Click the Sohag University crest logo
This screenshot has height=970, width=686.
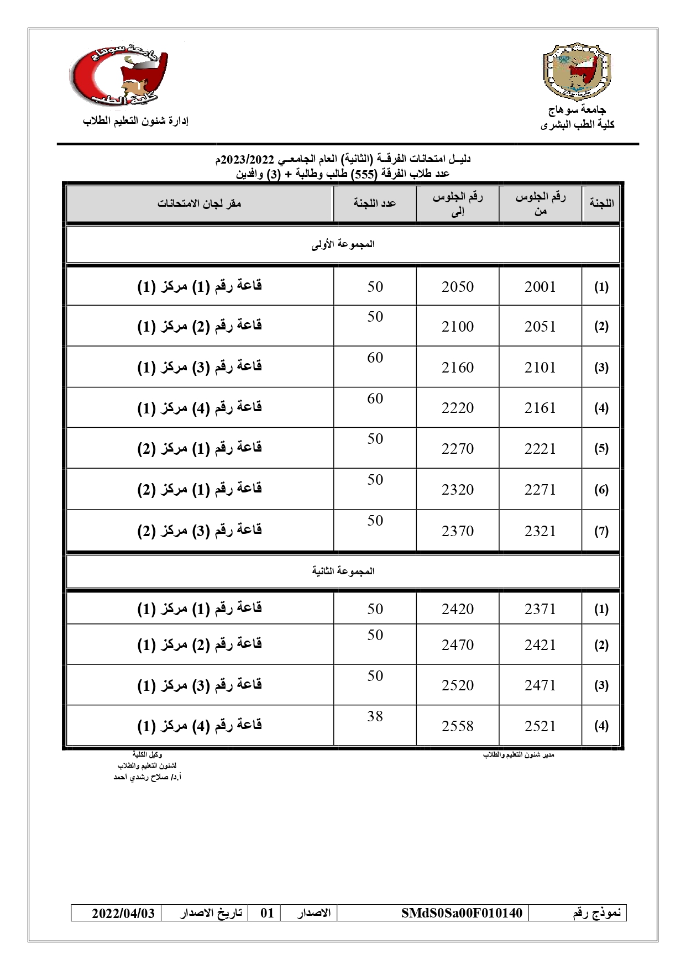tap(577, 69)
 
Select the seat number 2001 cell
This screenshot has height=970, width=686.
tap(540, 287)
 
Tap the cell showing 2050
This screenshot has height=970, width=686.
tap(458, 287)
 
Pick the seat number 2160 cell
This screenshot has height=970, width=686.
tap(458, 368)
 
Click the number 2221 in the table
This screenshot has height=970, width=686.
tap(540, 449)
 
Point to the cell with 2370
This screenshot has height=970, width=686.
tap(458, 531)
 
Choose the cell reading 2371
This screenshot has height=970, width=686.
tap(540, 609)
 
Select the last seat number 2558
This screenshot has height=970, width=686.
tap(458, 726)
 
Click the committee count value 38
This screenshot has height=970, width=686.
tap(375, 716)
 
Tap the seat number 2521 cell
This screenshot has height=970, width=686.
tap(540, 726)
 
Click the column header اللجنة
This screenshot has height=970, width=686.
tap(601, 203)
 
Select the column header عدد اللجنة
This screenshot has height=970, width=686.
tap(375, 203)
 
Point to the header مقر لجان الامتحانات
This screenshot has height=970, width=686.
tap(200, 203)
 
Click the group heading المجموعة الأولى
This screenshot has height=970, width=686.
tap(343, 244)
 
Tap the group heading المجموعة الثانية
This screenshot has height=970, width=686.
tap(343, 571)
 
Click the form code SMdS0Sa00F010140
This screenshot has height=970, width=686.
tap(462, 913)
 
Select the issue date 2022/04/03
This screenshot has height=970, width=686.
tap(123, 913)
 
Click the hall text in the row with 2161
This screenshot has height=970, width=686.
tap(200, 408)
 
